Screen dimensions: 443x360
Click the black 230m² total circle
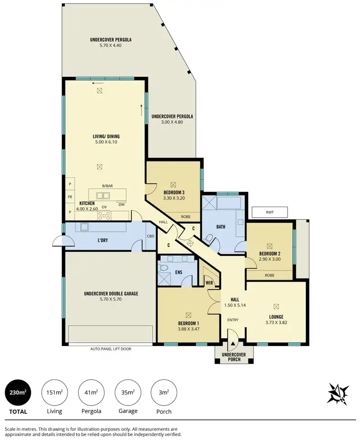[x=18, y=393]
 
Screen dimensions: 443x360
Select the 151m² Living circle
[x=54, y=393]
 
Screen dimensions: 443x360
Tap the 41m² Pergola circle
[x=91, y=393]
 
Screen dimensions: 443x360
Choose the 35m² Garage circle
[x=127, y=393]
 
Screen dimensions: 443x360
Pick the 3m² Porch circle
[x=164, y=393]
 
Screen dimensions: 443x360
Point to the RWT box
[x=269, y=212]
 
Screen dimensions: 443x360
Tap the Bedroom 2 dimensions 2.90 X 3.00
[x=269, y=259]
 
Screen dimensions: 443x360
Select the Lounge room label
[x=276, y=317]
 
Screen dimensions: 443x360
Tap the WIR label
[x=209, y=283]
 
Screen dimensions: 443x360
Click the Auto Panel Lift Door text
[x=110, y=349]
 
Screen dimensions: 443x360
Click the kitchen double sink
[x=102, y=195]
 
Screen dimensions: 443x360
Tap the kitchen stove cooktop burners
[x=104, y=215]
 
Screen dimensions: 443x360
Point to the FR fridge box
[x=70, y=197]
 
